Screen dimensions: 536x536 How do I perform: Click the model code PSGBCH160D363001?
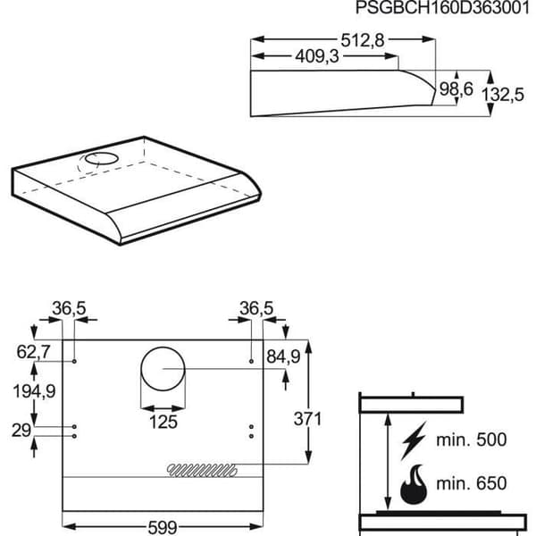pyautogui.click(x=443, y=7)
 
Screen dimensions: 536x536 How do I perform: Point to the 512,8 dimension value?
pyautogui.click(x=363, y=41)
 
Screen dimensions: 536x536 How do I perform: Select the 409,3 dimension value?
pyautogui.click(x=317, y=56)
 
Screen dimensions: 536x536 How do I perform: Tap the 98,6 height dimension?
pyautogui.click(x=456, y=88)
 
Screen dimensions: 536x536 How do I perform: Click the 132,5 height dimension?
pyautogui.click(x=502, y=95)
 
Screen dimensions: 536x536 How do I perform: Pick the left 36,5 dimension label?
pyautogui.click(x=69, y=308)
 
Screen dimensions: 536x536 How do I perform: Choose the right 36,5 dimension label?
pyautogui.click(x=256, y=308)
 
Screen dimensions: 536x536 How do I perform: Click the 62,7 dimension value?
pyautogui.click(x=34, y=352)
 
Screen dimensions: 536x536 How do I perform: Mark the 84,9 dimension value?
pyautogui.click(x=283, y=356)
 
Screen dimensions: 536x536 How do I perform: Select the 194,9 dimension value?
pyautogui.click(x=34, y=390)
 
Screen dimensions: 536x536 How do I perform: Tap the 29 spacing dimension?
pyautogui.click(x=21, y=431)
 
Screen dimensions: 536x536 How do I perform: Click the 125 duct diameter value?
pyautogui.click(x=163, y=422)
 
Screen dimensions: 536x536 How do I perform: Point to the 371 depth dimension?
pyautogui.click(x=307, y=419)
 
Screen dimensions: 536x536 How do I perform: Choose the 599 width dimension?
pyautogui.click(x=163, y=527)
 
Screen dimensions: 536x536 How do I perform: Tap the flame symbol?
pyautogui.click(x=414, y=484)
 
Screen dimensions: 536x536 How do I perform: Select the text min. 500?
pyautogui.click(x=472, y=440)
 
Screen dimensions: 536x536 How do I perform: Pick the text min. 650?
pyautogui.click(x=472, y=483)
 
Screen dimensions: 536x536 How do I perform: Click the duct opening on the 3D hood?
pyautogui.click(x=102, y=159)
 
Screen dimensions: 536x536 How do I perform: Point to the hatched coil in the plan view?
pyautogui.click(x=202, y=471)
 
